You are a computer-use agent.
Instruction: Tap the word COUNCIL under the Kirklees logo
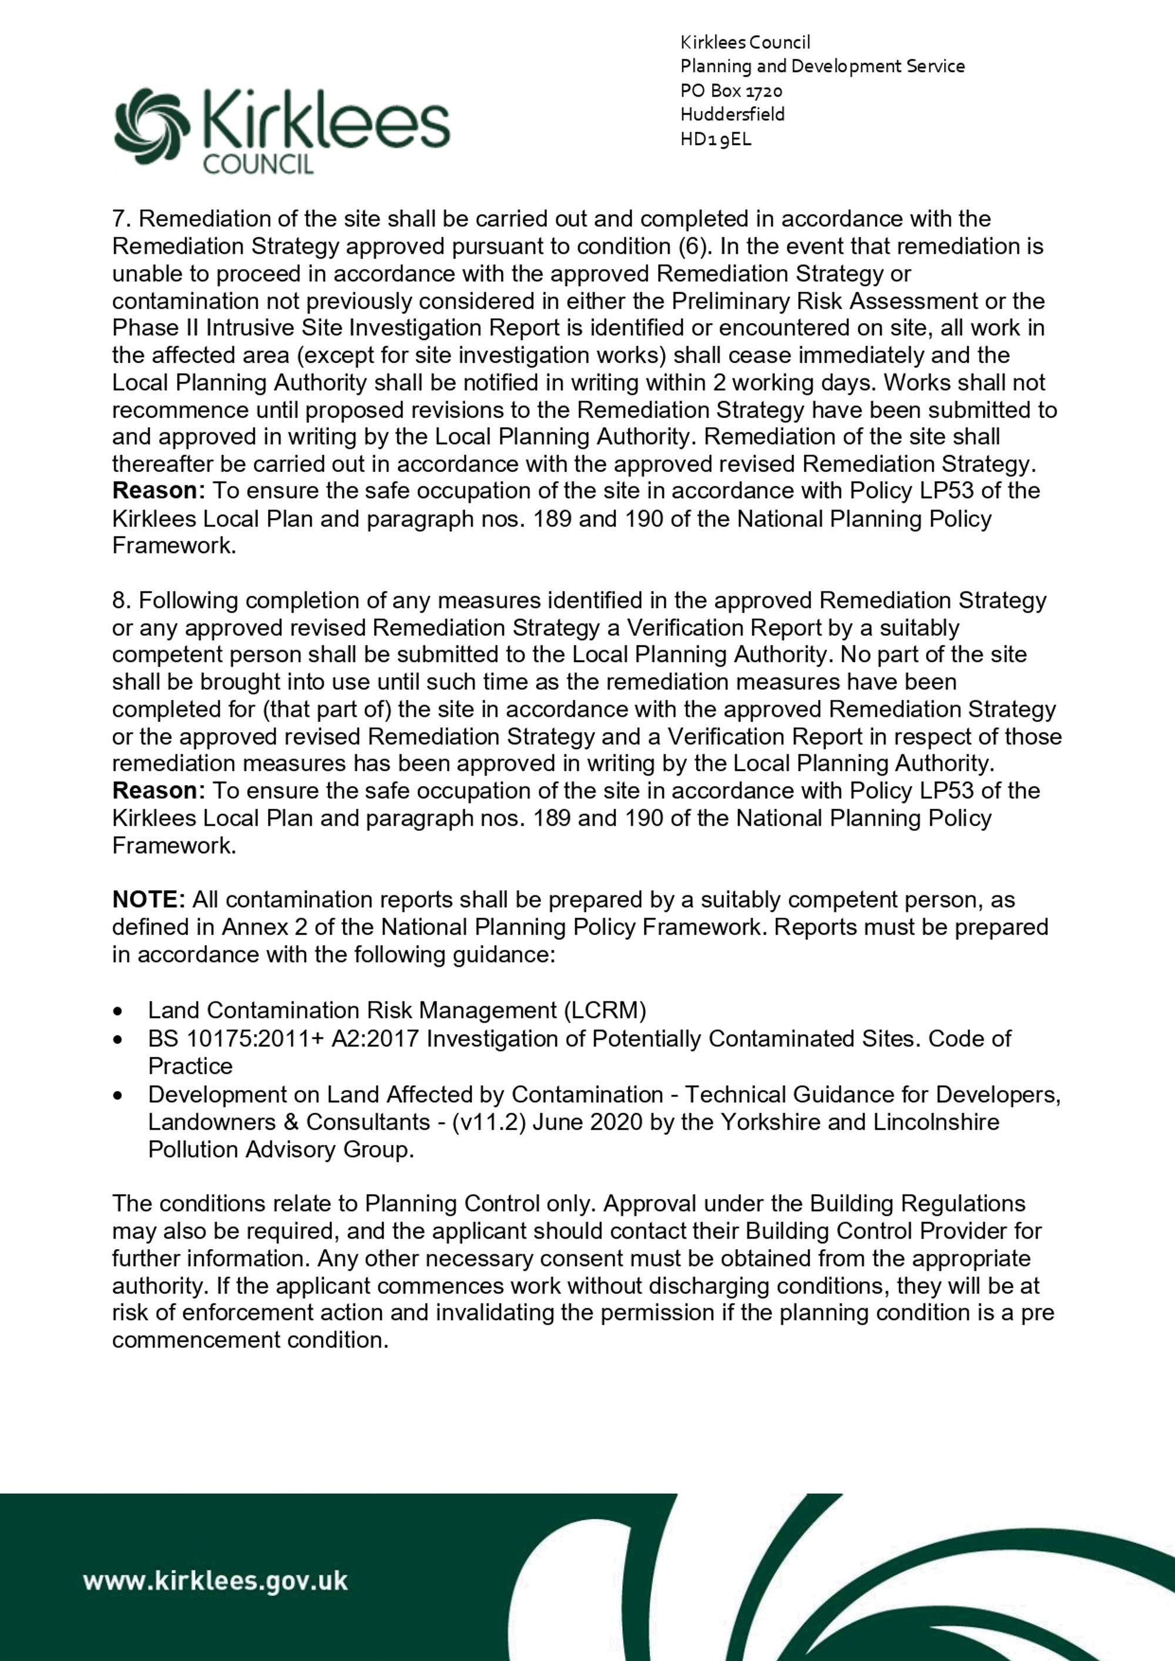[x=258, y=164]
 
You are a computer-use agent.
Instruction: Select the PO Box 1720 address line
[x=731, y=90]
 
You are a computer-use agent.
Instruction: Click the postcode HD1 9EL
[x=716, y=139]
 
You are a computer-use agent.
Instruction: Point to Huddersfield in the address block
[x=732, y=115]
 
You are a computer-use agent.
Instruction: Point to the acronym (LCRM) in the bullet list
[x=605, y=1010]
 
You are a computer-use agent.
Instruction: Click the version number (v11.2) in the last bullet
[x=482, y=1122]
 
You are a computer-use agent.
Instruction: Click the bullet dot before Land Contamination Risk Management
[x=118, y=1011]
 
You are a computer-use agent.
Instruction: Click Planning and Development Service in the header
[x=822, y=66]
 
